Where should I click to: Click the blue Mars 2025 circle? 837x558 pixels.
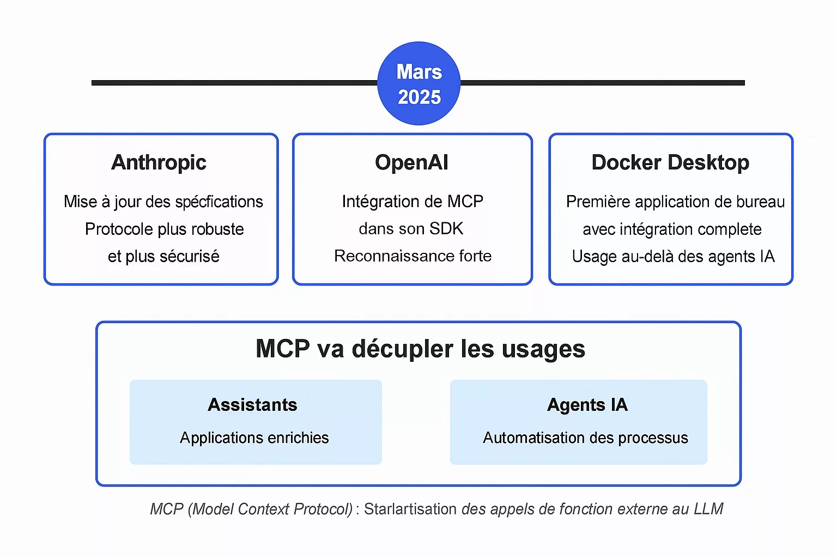click(418, 83)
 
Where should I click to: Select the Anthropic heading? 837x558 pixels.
click(159, 162)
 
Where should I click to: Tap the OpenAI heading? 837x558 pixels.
click(411, 162)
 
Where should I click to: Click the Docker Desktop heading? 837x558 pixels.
click(670, 162)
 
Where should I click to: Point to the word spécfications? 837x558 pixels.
click(219, 202)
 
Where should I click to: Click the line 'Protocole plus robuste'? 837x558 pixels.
click(164, 229)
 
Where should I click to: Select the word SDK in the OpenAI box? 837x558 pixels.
click(446, 229)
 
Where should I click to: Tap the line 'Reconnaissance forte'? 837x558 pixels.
click(413, 256)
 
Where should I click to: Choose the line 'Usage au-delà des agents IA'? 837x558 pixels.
click(673, 257)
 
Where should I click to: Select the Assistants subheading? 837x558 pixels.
click(252, 405)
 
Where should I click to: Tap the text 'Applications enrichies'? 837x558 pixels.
click(254, 438)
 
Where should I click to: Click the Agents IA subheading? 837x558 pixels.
click(587, 405)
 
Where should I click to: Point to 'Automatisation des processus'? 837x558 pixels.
click(585, 438)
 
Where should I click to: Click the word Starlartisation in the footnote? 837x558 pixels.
click(410, 509)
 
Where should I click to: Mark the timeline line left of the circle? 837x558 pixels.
click(235, 83)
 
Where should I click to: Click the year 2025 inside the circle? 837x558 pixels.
click(419, 97)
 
